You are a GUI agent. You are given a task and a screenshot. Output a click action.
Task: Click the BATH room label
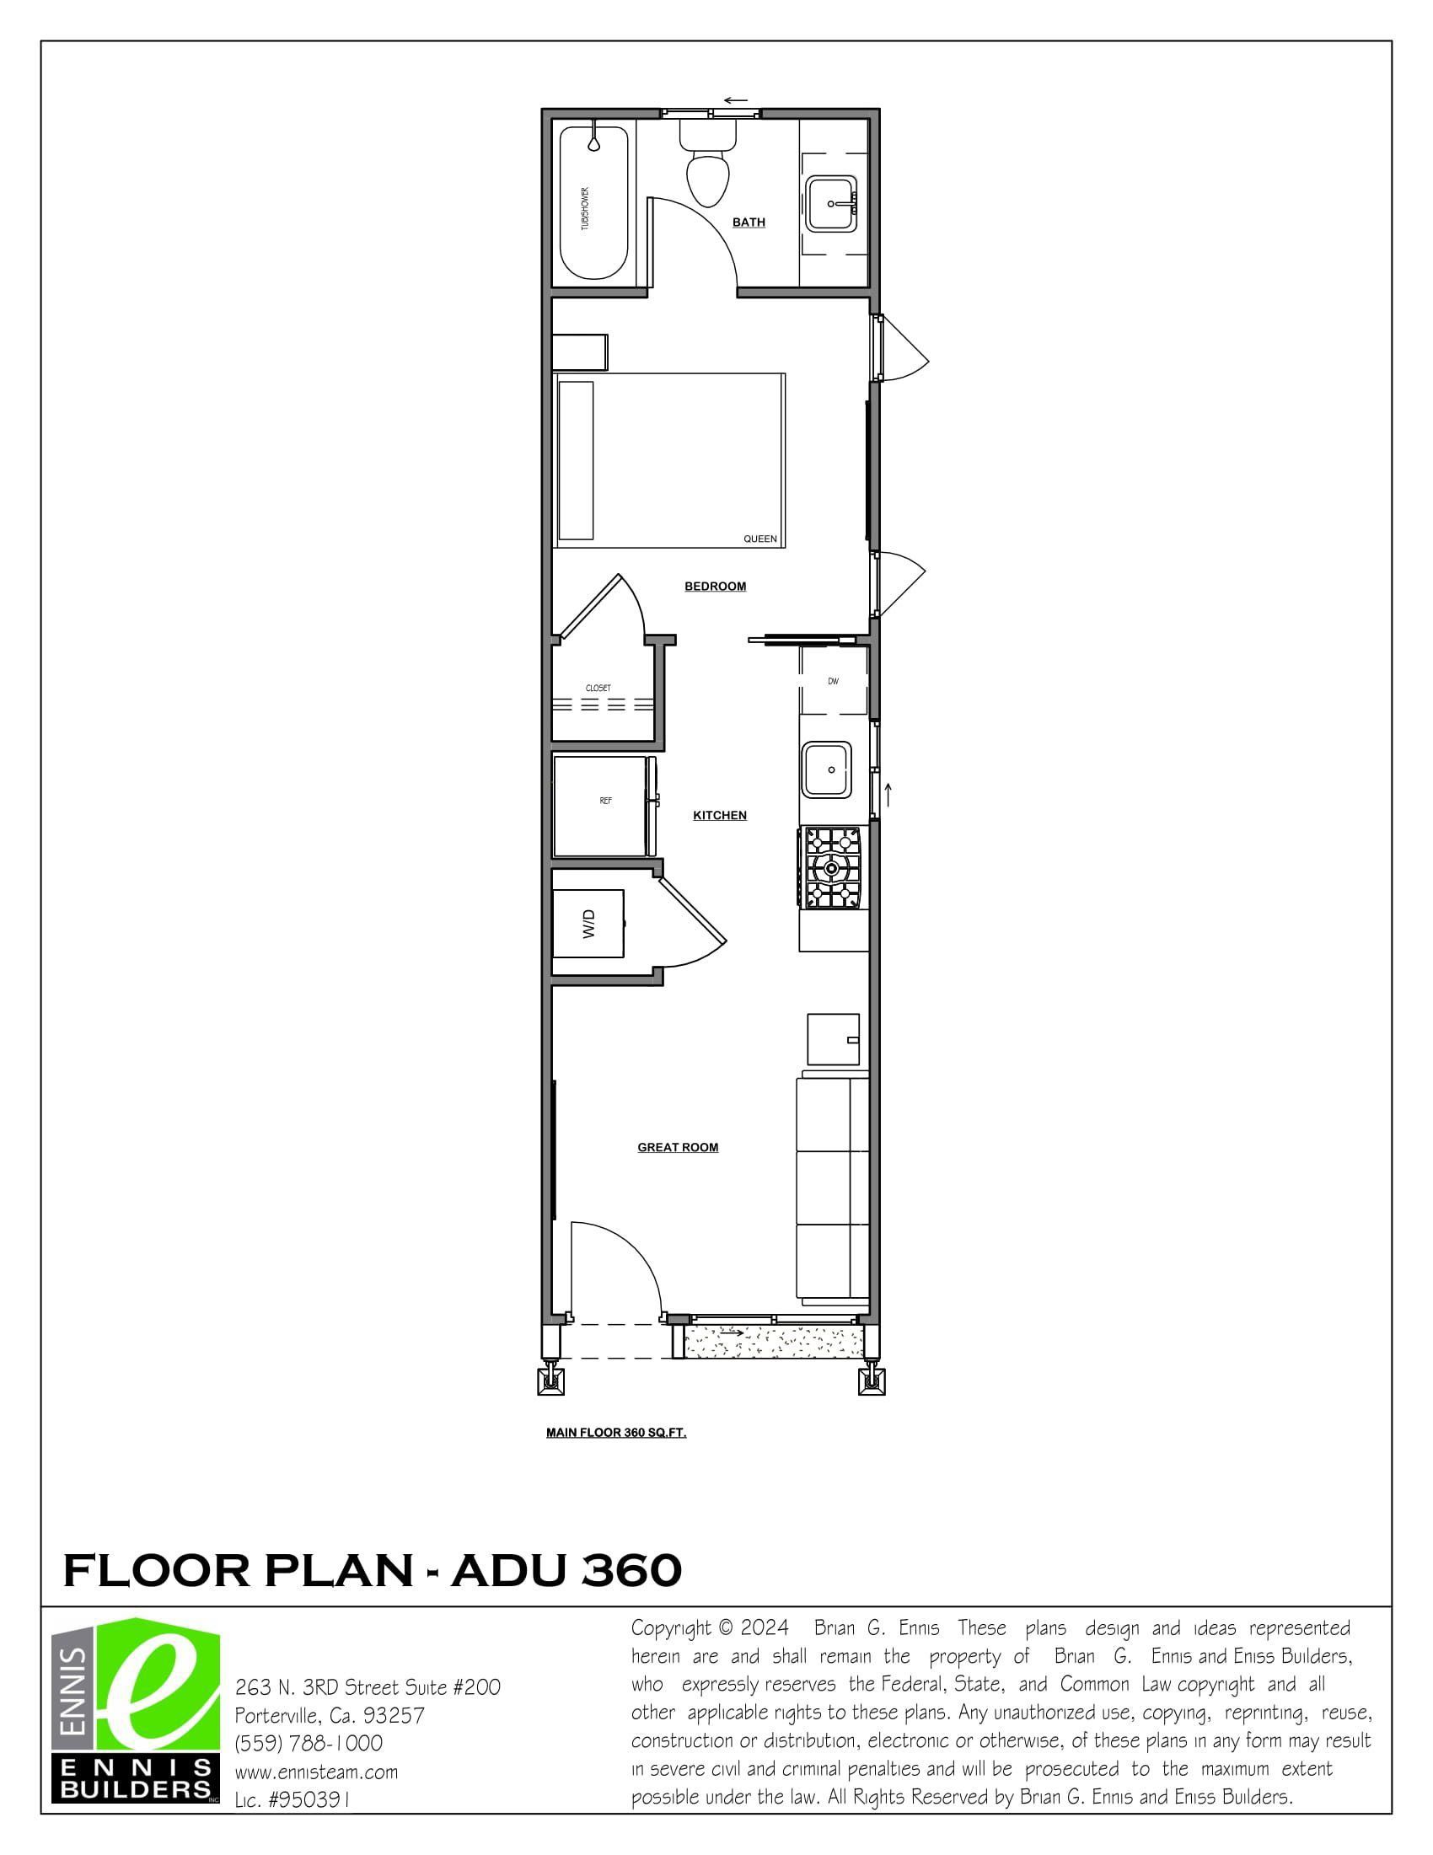click(749, 222)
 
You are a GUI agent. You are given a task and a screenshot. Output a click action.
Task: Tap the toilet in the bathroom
click(707, 162)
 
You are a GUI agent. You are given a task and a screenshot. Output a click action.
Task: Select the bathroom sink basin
click(831, 203)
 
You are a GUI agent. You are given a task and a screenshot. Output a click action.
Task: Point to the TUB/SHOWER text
click(584, 208)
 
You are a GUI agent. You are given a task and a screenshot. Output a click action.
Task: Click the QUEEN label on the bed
click(759, 539)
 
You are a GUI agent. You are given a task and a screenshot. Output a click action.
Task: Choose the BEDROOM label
click(715, 586)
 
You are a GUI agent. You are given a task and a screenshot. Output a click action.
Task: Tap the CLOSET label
click(598, 688)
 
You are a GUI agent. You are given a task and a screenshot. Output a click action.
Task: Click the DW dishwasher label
click(834, 681)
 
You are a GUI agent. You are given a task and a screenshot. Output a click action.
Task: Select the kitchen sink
click(826, 769)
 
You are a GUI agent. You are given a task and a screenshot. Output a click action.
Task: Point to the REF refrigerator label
click(605, 801)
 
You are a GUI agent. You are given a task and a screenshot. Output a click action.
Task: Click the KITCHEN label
click(720, 815)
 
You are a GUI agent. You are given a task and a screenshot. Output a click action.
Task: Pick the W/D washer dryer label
click(588, 923)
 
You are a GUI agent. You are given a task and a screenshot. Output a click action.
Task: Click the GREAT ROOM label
click(678, 1148)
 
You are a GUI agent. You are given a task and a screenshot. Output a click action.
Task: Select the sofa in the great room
click(833, 1190)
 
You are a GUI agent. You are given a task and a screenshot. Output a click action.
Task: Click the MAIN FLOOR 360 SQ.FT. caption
click(616, 1433)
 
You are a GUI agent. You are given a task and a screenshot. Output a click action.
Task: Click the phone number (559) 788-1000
click(309, 1743)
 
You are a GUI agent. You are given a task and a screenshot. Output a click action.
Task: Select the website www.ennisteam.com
click(316, 1772)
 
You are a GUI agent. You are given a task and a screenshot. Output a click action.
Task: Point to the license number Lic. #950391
click(293, 1799)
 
